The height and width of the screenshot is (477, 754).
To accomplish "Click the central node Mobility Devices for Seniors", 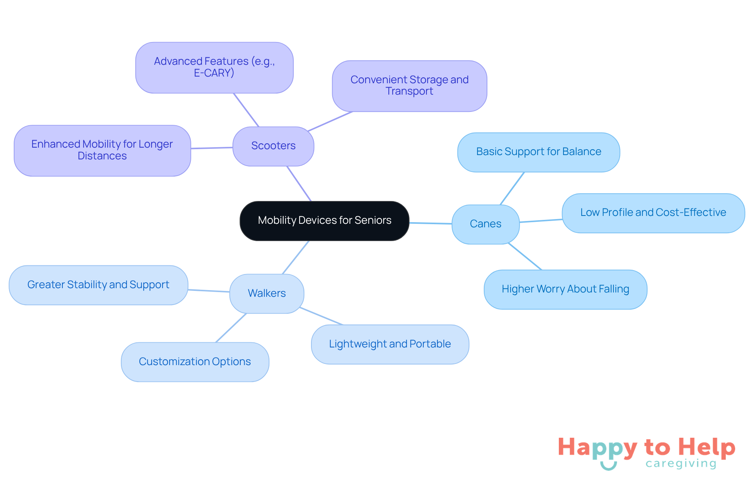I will [x=324, y=221].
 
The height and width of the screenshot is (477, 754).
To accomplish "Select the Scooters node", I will [x=273, y=146].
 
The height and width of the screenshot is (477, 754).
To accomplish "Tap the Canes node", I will [x=485, y=224].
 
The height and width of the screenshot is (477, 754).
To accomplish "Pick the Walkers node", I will [x=267, y=294].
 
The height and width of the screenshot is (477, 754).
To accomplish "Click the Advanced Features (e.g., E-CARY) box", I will [x=214, y=68].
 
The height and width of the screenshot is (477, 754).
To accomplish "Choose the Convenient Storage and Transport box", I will [x=409, y=86].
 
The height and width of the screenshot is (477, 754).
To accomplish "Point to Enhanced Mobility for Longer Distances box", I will [x=102, y=150].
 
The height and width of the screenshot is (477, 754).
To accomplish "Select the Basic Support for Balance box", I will [x=538, y=152].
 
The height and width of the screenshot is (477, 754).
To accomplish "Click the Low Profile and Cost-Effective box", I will [x=653, y=213].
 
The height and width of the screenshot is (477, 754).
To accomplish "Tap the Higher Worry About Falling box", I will [x=565, y=289].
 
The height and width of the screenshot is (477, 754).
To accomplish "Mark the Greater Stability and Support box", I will [x=98, y=285].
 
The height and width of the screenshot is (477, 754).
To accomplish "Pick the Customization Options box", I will [x=195, y=362].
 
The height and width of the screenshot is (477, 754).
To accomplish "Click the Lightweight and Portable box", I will [x=390, y=344].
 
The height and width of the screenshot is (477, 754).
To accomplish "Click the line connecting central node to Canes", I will [x=430, y=223].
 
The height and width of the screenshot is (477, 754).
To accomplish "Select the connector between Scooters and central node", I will [x=299, y=184].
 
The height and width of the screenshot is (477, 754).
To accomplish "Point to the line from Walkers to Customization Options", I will [x=231, y=328].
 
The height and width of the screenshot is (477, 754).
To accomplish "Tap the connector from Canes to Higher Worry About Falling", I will [x=525, y=256].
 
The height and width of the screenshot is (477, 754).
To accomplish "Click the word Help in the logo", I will [x=707, y=447].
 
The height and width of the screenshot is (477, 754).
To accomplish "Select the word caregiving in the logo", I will [x=681, y=464].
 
